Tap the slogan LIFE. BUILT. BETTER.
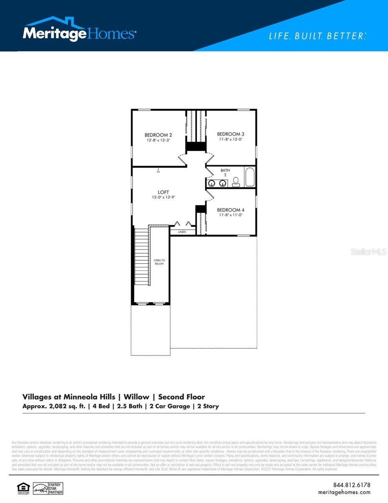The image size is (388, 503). [317, 36]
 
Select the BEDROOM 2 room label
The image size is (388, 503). [159, 135]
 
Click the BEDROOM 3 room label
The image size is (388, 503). [231, 134]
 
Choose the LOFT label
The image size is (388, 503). [163, 192]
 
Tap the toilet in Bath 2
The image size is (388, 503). [236, 181]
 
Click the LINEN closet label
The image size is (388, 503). [182, 231]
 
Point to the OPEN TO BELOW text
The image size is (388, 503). [159, 262]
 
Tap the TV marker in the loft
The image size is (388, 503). [159, 171]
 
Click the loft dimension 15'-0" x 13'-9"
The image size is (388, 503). [163, 197]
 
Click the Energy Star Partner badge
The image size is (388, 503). [48, 488]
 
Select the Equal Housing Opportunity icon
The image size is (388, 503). [22, 488]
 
